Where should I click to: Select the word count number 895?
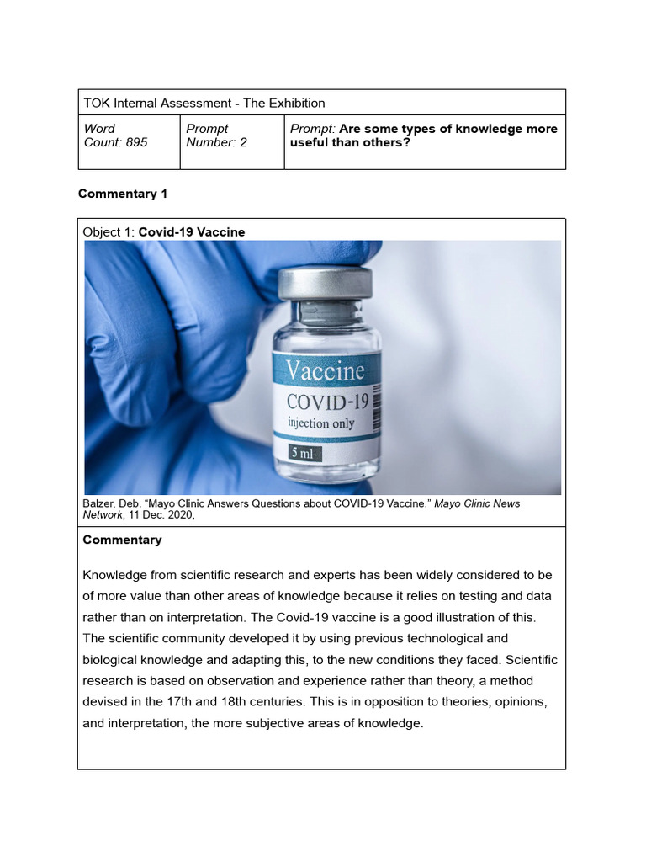point(136,142)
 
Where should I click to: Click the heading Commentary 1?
point(123,194)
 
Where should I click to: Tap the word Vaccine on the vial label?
point(325,370)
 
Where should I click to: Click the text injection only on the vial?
point(320,423)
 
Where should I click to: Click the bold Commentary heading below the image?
point(122,540)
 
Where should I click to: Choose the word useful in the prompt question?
point(309,142)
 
